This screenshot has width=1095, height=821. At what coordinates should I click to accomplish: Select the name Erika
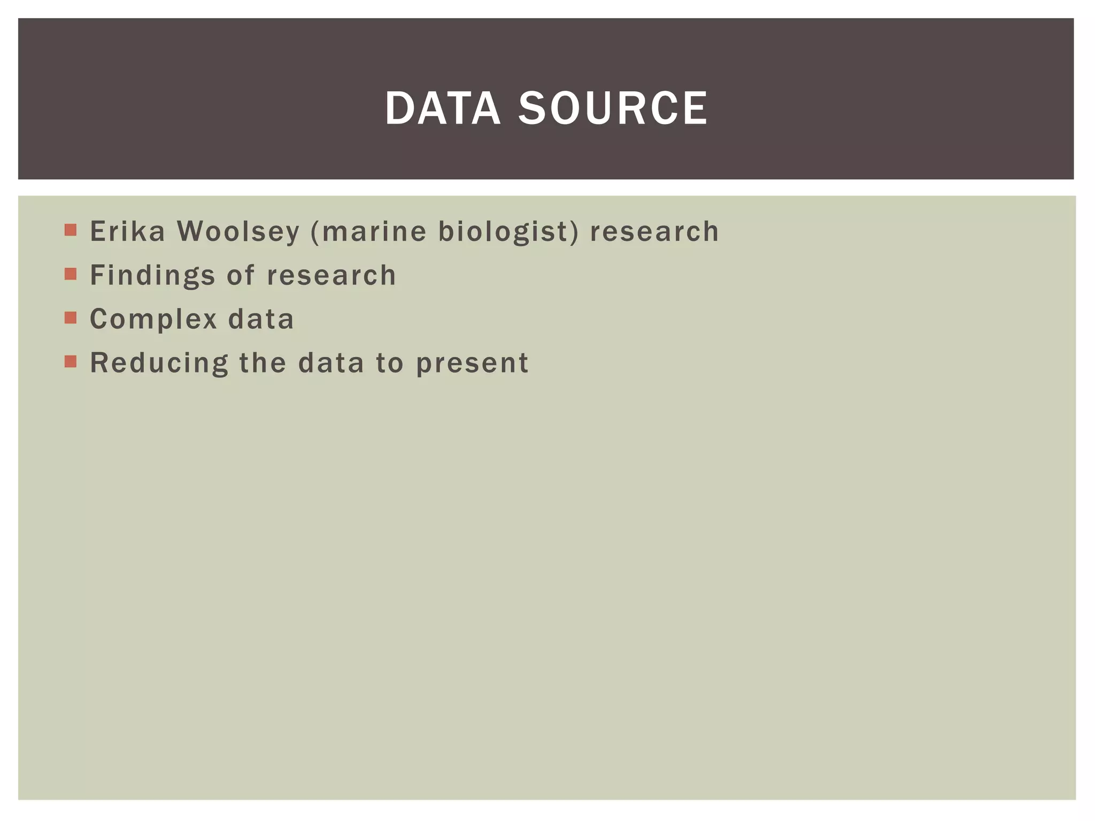[127, 231]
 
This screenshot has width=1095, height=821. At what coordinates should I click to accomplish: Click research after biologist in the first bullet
[654, 231]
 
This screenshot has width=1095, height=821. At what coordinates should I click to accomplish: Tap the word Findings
[152, 276]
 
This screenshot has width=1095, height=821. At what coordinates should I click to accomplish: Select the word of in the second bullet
[241, 275]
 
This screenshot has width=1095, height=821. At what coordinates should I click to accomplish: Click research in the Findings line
[331, 275]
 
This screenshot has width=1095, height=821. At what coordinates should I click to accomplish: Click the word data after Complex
[261, 319]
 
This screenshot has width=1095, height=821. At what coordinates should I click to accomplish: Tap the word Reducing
[159, 363]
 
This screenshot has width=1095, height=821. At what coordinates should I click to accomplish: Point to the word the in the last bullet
[263, 363]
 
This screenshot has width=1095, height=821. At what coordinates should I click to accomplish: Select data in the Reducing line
[331, 363]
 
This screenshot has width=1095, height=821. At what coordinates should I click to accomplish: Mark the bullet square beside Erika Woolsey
[71, 230]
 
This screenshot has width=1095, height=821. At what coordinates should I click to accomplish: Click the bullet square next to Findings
[71, 274]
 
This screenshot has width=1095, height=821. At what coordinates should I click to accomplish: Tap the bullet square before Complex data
[71, 318]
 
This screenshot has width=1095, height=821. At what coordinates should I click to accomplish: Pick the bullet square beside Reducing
[71, 362]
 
